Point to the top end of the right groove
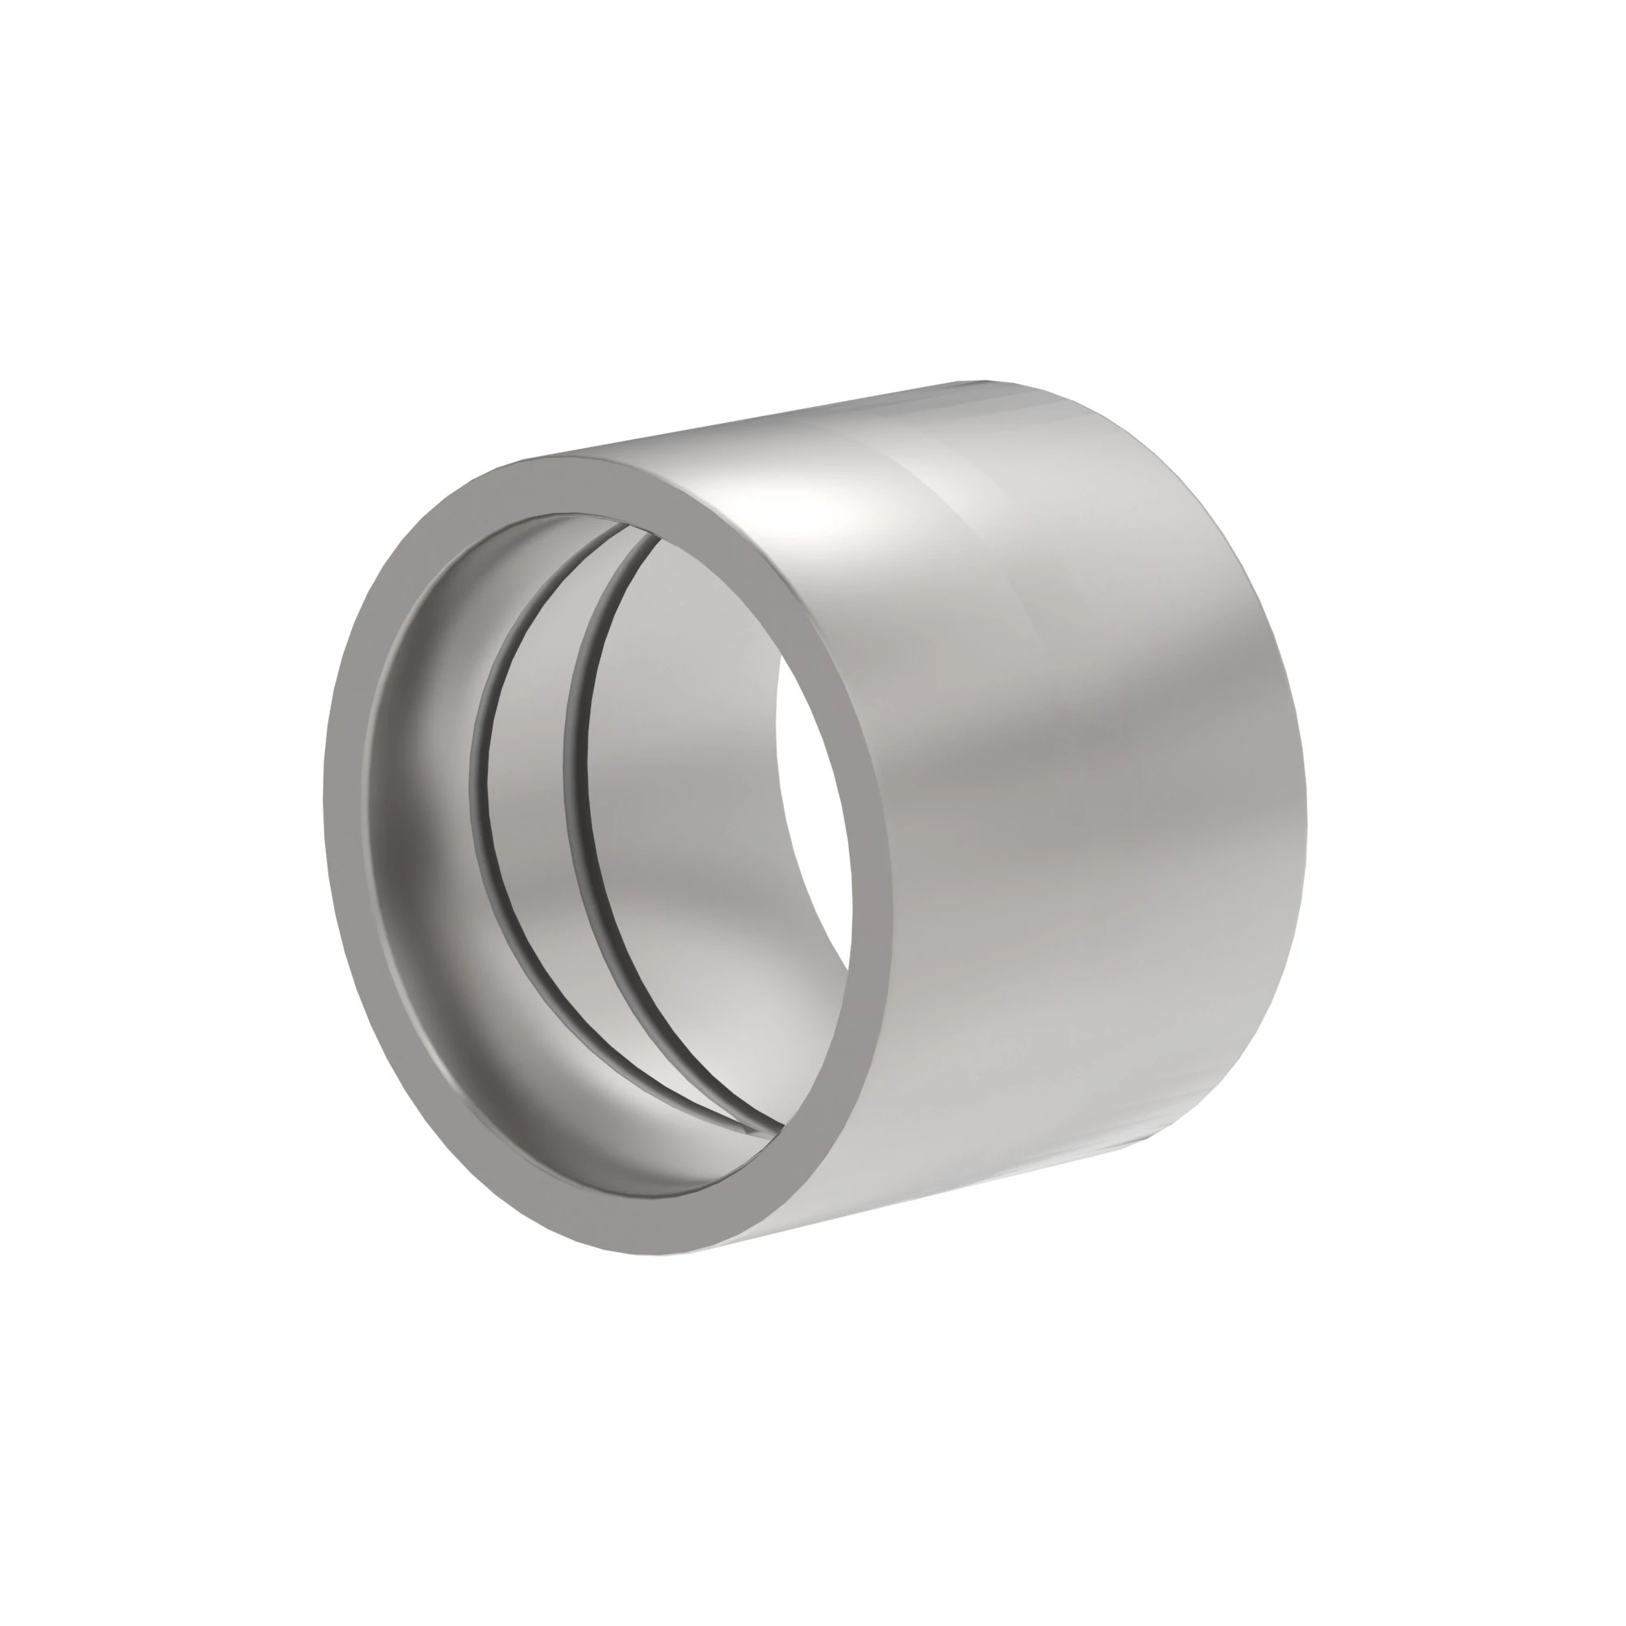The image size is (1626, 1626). click(654, 544)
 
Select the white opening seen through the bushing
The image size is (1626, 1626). click(812, 808)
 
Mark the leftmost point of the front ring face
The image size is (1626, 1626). click(324, 799)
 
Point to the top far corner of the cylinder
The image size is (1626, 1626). click(985, 380)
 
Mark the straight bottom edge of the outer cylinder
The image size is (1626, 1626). click(926, 1203)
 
